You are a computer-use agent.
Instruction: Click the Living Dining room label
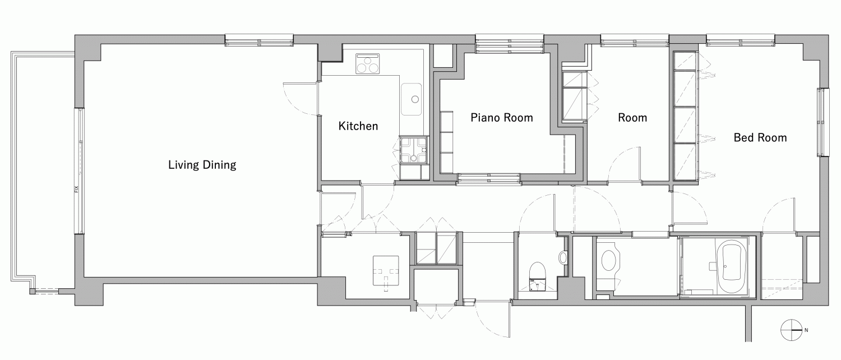(x=202, y=165)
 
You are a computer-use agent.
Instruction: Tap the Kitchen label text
(x=358, y=126)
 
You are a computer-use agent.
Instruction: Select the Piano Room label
(x=502, y=118)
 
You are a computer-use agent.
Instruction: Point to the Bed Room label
(x=760, y=138)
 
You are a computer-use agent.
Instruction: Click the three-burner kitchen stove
(x=368, y=63)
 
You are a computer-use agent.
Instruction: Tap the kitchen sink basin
(x=411, y=99)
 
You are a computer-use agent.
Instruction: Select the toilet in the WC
(x=537, y=276)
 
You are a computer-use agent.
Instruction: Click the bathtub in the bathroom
(x=731, y=268)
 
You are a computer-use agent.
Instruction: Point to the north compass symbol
(x=791, y=330)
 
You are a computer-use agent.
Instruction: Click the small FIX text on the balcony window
(x=76, y=189)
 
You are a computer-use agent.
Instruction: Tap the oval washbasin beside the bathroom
(x=608, y=261)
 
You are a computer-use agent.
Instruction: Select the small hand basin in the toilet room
(x=563, y=257)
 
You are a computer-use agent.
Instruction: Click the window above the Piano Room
(x=510, y=44)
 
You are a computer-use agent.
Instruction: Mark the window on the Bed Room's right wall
(x=823, y=122)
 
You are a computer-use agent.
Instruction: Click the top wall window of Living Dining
(x=259, y=40)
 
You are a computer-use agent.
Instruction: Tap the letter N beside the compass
(x=806, y=330)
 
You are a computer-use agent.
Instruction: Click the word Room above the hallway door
(x=632, y=118)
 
